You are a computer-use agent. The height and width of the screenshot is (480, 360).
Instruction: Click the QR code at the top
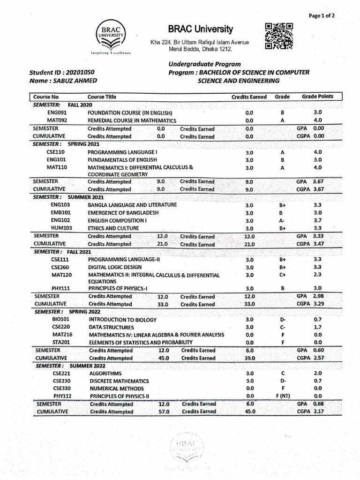[279, 36]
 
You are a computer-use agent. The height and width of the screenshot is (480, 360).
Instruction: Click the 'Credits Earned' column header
[249, 97]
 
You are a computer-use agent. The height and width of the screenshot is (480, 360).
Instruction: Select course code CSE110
[55, 152]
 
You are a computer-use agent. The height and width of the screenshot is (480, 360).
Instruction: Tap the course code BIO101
[61, 319]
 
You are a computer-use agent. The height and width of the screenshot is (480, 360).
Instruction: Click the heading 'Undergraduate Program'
[204, 64]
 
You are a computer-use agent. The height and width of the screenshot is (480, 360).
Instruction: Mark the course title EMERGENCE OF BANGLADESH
[124, 213]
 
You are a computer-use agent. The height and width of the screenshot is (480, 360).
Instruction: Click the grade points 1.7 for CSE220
[317, 327]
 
